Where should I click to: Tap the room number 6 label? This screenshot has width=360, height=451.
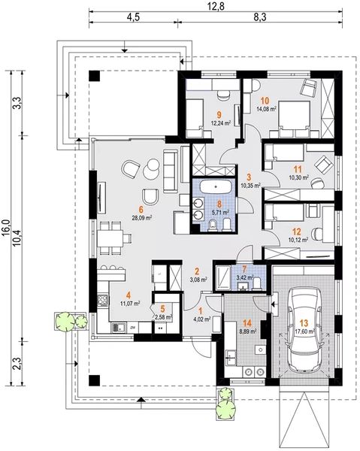(141, 210)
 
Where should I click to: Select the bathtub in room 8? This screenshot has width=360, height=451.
(216, 187)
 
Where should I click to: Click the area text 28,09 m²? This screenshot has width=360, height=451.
(142, 218)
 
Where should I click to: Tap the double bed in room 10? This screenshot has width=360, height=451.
(294, 119)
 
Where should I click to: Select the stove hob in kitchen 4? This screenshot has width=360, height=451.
(104, 300)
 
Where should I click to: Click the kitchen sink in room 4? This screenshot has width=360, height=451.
(118, 327)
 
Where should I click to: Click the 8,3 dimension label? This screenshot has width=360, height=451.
(260, 17)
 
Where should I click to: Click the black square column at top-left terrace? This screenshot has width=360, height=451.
(94, 76)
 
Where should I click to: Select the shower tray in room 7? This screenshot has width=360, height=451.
(223, 277)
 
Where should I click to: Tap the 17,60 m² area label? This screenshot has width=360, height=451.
(304, 331)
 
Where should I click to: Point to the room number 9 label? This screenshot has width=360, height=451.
(219, 115)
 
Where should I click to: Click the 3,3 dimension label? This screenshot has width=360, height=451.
(18, 103)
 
